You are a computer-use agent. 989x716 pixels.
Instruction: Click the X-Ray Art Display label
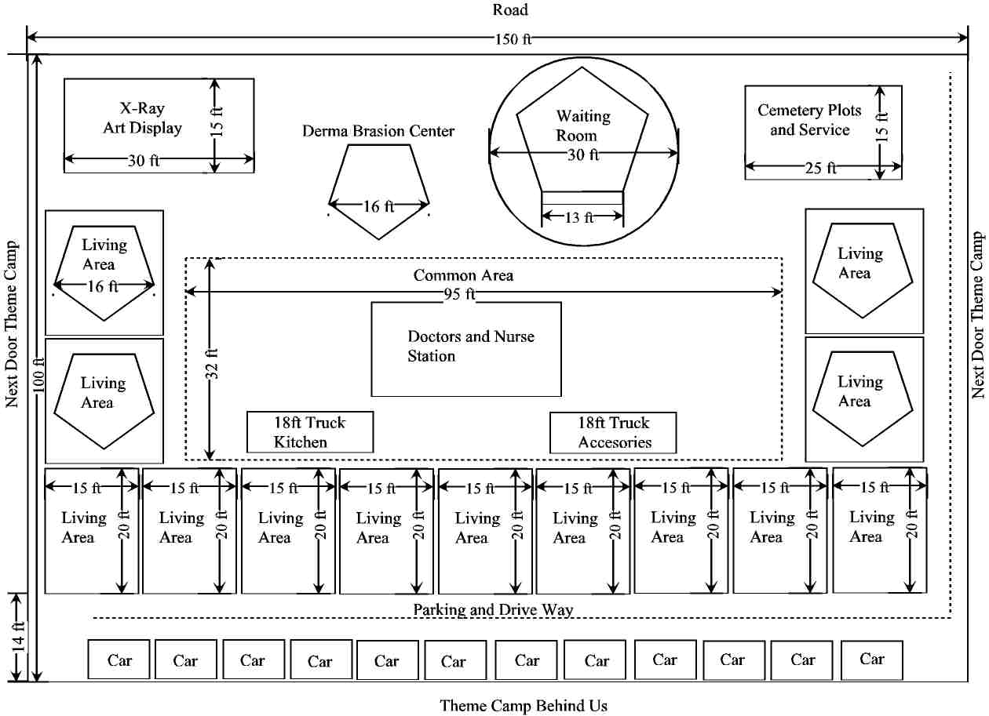pyautogui.click(x=143, y=118)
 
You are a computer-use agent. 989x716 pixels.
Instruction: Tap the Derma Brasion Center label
pyautogui.click(x=378, y=131)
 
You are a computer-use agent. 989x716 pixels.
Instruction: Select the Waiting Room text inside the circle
pyautogui.click(x=583, y=125)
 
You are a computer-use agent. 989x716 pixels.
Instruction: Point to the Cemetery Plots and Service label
pyautogui.click(x=809, y=120)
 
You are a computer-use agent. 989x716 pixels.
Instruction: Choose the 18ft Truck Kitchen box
pyautogui.click(x=310, y=432)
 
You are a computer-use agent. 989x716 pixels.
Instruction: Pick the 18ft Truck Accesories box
pyautogui.click(x=613, y=432)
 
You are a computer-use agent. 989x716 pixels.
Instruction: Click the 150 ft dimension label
pyautogui.click(x=512, y=39)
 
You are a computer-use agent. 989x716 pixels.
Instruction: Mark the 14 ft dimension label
pyautogui.click(x=20, y=636)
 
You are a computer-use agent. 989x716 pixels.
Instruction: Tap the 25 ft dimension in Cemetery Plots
pyautogui.click(x=820, y=167)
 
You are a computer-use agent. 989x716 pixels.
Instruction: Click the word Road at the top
pyautogui.click(x=510, y=10)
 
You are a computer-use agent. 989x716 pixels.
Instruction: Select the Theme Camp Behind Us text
pyautogui.click(x=524, y=706)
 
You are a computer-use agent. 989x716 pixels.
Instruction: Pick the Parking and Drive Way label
pyautogui.click(x=494, y=609)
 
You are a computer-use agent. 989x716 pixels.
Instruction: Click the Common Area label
pyautogui.click(x=464, y=275)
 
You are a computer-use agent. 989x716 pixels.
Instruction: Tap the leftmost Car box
pyautogui.click(x=119, y=660)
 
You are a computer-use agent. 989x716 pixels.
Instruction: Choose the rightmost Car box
pyautogui.click(x=872, y=660)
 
